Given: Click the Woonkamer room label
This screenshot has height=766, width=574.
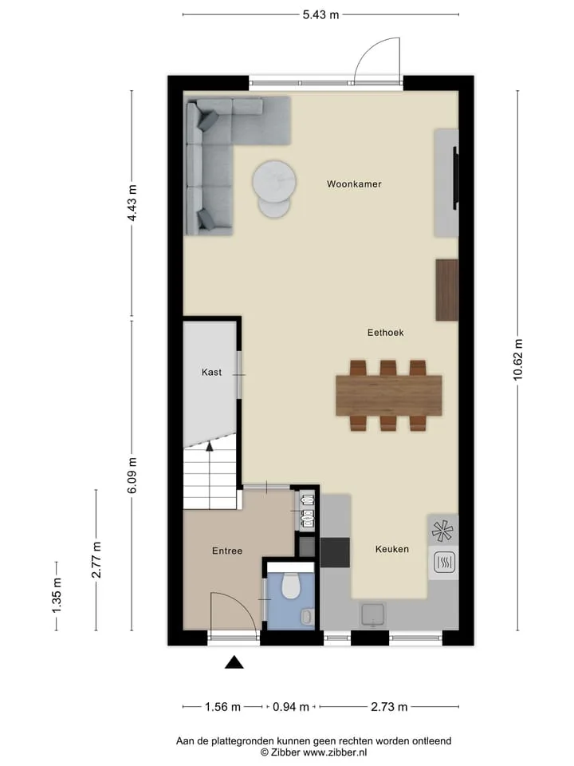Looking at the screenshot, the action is tap(354, 184).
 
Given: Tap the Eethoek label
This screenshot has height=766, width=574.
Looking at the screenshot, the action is tap(386, 333).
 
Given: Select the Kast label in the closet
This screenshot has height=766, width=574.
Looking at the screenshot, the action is tap(211, 373).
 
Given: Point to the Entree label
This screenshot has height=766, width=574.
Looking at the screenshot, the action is tap(227, 551).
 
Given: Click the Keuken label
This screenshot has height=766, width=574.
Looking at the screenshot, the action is tap(392, 549).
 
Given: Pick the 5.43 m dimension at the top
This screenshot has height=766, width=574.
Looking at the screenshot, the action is tap(320, 14).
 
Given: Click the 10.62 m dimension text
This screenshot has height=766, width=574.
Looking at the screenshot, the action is tap(518, 360).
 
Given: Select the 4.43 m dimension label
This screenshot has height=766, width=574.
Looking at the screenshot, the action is tap(132, 203).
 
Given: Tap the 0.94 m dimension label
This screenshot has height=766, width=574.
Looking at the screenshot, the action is tap(291, 707).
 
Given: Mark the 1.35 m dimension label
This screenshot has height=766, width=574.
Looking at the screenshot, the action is tap(57, 596).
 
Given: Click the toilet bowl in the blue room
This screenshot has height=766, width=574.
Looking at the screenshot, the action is tap(292, 586).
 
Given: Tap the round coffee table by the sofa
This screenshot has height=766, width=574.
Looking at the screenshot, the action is tap(274, 182).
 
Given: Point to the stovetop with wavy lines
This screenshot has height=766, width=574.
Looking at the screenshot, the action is tap(444, 563).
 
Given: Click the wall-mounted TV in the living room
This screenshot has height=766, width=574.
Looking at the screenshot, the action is tap(456, 178).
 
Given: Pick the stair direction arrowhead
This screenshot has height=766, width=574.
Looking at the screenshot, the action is tap(210, 445).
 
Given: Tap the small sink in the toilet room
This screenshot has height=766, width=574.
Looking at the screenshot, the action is tap(306, 617).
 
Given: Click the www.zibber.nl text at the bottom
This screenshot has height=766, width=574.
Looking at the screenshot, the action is tap(336, 752).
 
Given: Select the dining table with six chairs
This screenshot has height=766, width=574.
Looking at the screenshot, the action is tap(389, 396).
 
